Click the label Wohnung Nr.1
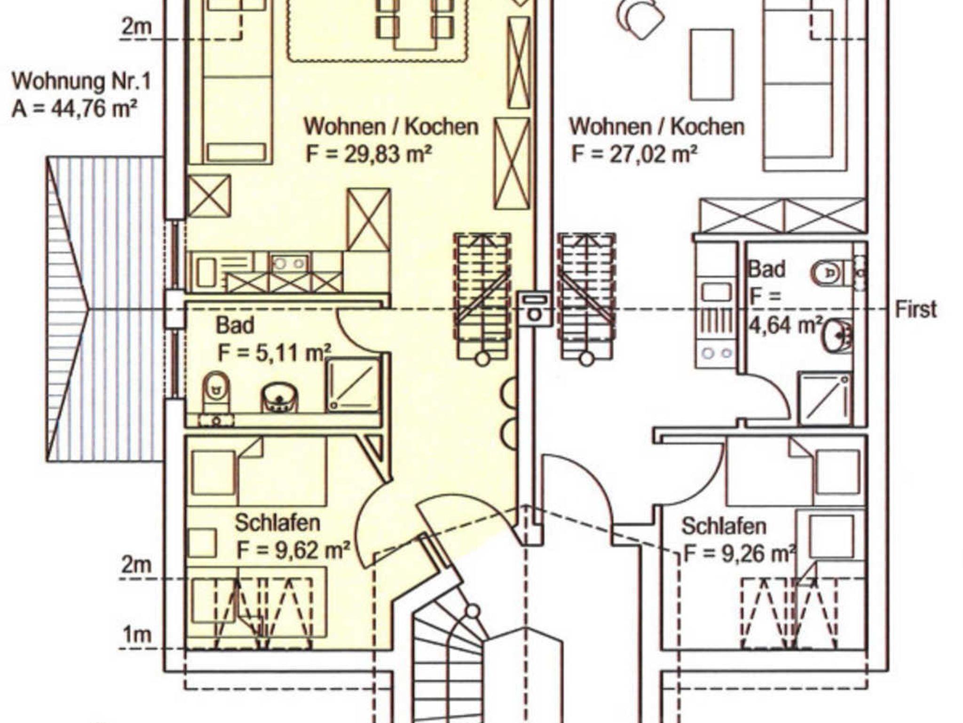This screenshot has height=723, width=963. click(81, 81)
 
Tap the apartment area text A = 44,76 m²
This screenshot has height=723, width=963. click(74, 109)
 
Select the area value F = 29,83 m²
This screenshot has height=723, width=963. click(369, 154)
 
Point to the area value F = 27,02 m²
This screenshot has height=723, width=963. click(634, 154)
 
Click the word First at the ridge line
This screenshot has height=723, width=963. click(916, 309)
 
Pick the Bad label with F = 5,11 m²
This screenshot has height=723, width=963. click(235, 325)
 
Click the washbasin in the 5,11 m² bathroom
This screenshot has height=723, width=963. click(279, 397)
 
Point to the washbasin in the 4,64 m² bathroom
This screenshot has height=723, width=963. click(837, 335)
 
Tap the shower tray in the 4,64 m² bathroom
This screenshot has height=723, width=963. click(825, 399)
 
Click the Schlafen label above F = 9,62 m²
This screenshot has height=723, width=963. click(277, 523)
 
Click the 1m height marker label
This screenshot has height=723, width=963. click(137, 635)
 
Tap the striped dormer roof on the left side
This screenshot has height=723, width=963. click(105, 309)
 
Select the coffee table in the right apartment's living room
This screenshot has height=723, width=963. click(712, 64)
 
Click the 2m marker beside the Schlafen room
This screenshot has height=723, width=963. click(137, 564)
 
